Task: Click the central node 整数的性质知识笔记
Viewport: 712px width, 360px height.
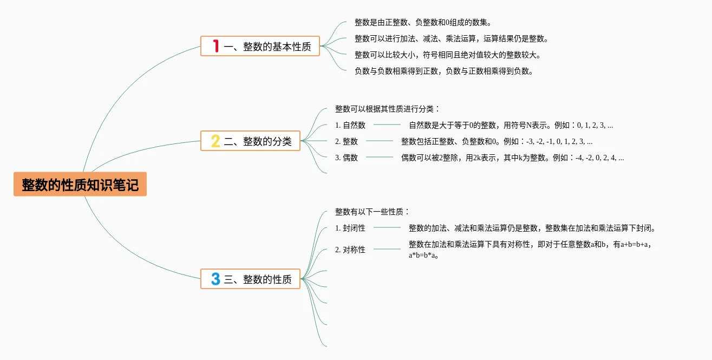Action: point(80,185)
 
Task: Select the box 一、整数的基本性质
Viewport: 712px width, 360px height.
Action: point(260,46)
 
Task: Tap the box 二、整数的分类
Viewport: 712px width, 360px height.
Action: point(251,141)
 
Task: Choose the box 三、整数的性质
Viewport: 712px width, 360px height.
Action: point(251,279)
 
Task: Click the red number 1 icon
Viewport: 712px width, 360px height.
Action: point(215,46)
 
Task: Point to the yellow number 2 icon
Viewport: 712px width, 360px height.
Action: point(215,141)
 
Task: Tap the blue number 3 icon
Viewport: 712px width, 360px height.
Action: point(215,279)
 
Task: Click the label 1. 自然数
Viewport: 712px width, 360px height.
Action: point(350,125)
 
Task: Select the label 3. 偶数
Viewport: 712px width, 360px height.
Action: point(347,158)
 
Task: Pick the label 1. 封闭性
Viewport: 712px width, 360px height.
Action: point(350,228)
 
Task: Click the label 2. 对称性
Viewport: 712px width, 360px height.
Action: point(350,250)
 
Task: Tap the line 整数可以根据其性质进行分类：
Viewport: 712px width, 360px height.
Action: point(388,109)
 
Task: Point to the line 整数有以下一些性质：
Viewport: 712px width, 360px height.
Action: point(373,212)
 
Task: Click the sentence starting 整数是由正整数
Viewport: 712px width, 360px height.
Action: point(423,22)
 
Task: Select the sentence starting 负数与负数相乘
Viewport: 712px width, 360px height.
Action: point(444,71)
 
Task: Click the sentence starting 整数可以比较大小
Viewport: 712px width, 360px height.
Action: point(448,55)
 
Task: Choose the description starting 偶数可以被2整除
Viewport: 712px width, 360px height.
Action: point(512,158)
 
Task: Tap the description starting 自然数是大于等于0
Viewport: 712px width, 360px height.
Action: point(511,125)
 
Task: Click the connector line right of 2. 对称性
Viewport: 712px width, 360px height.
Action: point(387,249)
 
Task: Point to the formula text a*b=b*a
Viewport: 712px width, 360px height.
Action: point(423,256)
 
